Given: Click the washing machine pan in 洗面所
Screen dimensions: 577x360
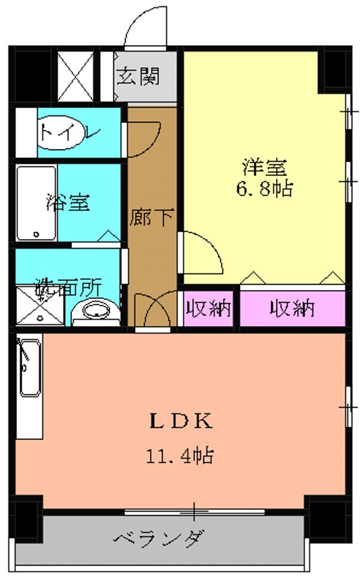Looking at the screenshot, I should point(39,306).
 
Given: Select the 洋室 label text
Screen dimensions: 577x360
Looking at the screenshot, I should point(264,165).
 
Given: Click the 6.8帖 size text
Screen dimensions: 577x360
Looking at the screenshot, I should point(264,190).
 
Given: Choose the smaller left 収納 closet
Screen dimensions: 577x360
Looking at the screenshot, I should point(208,309).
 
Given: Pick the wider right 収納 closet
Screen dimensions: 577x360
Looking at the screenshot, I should point(292,309).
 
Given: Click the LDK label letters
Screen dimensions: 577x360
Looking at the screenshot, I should point(180,421).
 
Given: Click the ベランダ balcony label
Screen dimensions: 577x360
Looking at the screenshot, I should point(160,537).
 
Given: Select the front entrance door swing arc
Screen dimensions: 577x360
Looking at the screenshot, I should point(144,30).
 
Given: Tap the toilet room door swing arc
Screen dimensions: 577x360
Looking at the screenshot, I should point(144,135).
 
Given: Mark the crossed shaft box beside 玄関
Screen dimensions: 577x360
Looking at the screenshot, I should point(76,77).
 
